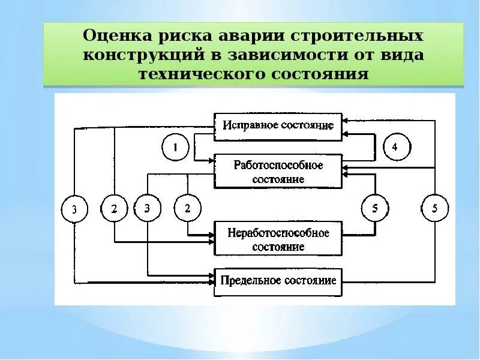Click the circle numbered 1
(x=176, y=148)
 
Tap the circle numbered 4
(x=394, y=147)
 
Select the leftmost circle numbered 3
(x=74, y=209)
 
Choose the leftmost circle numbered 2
(x=114, y=209)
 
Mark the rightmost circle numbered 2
(x=187, y=209)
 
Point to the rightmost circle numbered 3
(x=148, y=209)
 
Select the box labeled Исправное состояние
(x=278, y=127)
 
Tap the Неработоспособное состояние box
(x=278, y=239)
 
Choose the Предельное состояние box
(x=278, y=281)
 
